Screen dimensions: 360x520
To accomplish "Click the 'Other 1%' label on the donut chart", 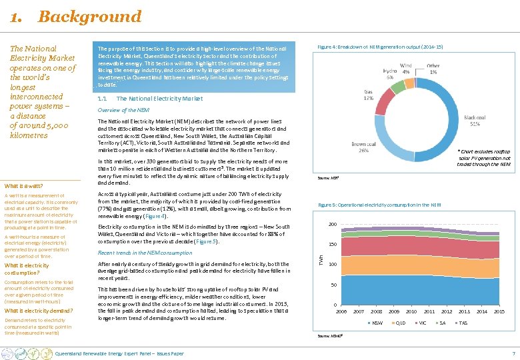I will pyautogui.click(x=433, y=69).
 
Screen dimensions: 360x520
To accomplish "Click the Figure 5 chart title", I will pyautogui.click(x=379, y=205).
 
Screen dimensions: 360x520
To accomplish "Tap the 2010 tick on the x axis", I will pyautogui.click(x=411, y=311).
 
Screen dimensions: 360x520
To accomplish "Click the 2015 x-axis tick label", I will pyautogui.click(x=499, y=311).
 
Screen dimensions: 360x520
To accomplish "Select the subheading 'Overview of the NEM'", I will pyautogui.click(x=124, y=109).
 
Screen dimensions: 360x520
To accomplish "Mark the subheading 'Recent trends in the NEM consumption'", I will pyautogui.click(x=145, y=253).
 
